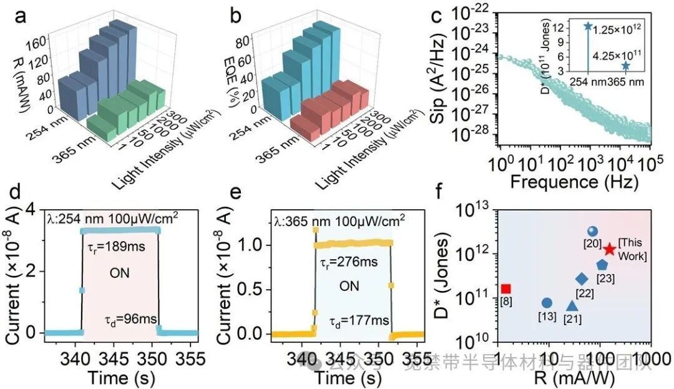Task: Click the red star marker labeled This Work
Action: pos(610,249)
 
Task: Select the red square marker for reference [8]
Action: pos(506,288)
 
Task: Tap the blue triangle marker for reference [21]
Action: pos(572,305)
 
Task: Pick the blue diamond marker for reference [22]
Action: pos(582,278)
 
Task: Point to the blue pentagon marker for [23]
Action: pos(602,265)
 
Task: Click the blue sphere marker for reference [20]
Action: pos(593,232)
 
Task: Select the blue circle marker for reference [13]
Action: pos(547,303)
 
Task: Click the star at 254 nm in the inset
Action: pos(587,26)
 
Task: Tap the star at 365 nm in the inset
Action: pos(625,66)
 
